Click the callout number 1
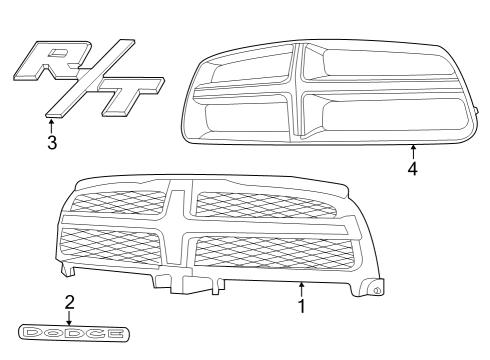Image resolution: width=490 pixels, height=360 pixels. [x=301, y=305]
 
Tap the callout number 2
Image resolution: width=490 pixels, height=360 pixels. [x=69, y=300]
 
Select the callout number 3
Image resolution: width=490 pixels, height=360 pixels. [x=51, y=142]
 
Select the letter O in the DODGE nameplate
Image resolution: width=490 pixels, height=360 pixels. [x=50, y=332]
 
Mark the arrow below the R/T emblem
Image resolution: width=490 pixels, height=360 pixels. [x=51, y=125]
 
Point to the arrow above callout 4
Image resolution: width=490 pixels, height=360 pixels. [x=412, y=151]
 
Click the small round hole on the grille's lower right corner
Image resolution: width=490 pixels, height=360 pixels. [x=378, y=289]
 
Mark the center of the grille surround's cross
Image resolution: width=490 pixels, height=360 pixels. [x=297, y=92]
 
